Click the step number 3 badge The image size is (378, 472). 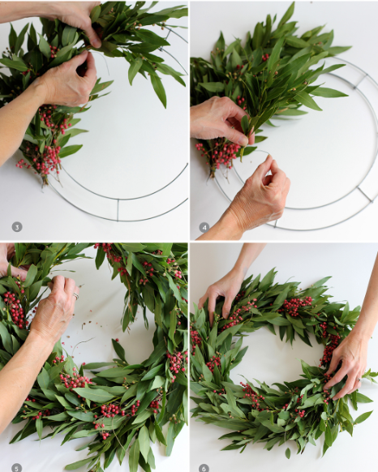(x=16, y=227)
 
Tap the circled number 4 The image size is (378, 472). (x=204, y=227)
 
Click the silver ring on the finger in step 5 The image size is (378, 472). (x=75, y=296)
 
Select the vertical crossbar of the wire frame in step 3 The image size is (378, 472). (x=118, y=208)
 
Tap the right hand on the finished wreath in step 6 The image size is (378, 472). (x=348, y=361)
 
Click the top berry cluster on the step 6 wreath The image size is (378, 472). (x=296, y=305)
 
